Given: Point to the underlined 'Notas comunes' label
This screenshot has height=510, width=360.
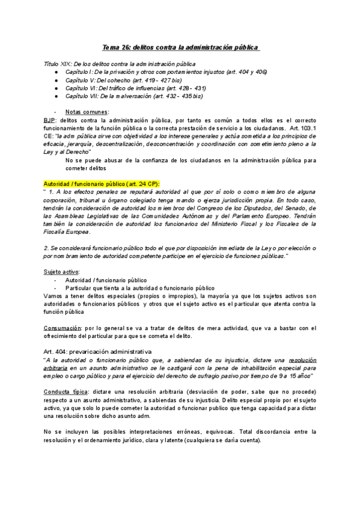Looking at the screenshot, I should point(87,112).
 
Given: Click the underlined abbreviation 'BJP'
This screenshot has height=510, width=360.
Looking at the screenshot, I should point(49,120).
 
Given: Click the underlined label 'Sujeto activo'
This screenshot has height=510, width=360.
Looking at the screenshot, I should point(61,272).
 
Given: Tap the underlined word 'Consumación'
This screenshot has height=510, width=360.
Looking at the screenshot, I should point(63,328).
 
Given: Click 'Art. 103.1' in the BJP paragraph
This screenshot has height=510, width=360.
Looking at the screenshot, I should point(302,128).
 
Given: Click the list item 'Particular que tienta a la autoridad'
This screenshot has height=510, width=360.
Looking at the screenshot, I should point(139,287).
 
